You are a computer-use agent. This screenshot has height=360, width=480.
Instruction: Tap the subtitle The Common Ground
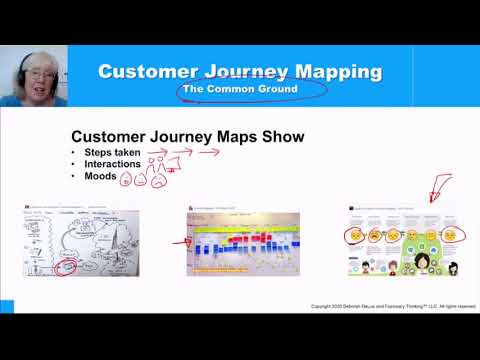pos(239,90)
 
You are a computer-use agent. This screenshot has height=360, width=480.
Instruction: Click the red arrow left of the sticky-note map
pos(180,241)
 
